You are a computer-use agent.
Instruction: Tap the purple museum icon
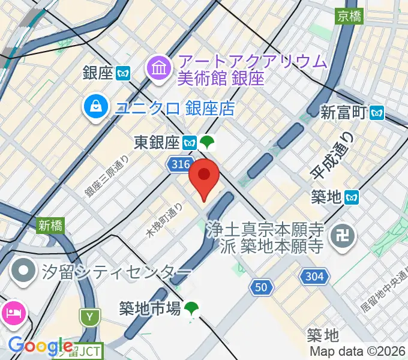click(160, 68)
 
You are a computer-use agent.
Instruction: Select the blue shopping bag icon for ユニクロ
click(96, 108)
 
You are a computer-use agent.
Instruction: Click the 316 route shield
click(179, 164)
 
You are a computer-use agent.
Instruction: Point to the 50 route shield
click(260, 287)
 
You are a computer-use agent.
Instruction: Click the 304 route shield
click(316, 277)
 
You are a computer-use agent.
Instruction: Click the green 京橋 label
click(349, 15)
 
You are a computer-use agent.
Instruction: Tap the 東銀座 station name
click(157, 143)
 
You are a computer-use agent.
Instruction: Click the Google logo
click(40, 346)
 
